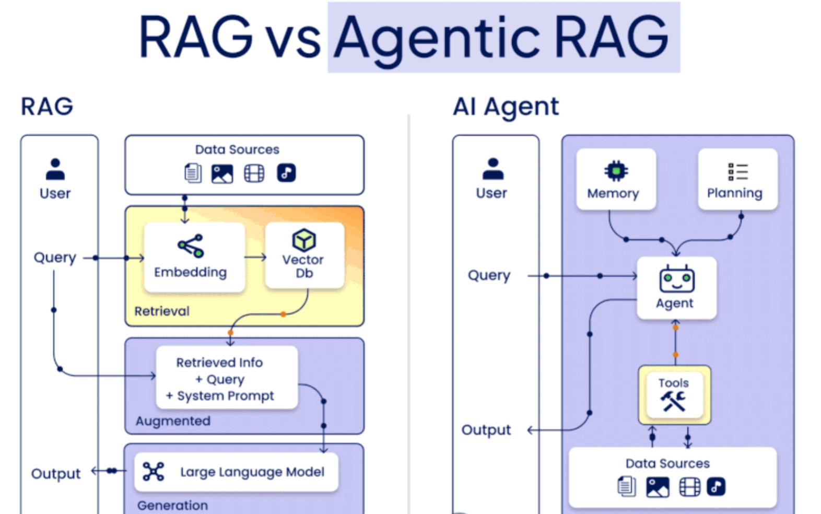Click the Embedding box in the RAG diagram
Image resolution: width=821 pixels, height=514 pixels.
pos(194,256)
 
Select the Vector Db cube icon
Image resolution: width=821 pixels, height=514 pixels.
pos(304,240)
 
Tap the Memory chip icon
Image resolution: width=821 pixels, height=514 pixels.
pos(616,171)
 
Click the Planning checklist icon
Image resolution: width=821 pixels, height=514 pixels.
pos(737,171)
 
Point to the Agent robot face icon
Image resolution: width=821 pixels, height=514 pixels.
pos(676,279)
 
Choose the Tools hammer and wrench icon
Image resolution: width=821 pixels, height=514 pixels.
pos(674,401)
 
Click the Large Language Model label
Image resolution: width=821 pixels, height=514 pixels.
pos(252,472)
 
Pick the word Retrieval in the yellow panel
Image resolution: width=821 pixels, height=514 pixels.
pos(162,311)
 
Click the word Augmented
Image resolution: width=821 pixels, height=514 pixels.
pos(173,421)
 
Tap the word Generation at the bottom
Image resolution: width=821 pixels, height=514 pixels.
pos(172,505)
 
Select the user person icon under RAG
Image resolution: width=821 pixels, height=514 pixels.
pos(55,169)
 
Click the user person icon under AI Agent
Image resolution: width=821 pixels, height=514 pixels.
pos(492,169)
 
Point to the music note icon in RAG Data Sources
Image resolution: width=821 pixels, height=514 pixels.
pos(286,173)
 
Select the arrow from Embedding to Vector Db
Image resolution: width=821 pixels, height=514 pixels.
pos(255,257)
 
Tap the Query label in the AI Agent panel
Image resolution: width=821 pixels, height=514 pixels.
pos(489,275)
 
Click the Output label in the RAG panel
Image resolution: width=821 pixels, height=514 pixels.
pos(56,474)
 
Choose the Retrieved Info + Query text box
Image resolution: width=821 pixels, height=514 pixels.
pos(227,378)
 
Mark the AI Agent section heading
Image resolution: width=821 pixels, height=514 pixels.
pos(506,107)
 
